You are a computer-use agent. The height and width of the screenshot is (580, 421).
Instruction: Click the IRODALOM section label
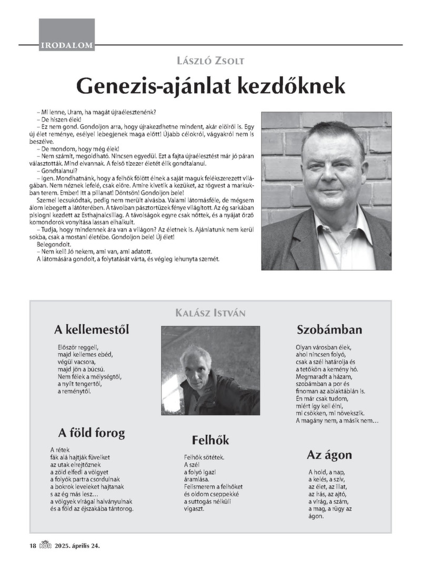[x=66, y=46]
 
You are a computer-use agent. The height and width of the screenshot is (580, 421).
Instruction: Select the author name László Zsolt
[x=210, y=61]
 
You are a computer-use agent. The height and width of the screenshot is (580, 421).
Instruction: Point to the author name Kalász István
[x=210, y=314]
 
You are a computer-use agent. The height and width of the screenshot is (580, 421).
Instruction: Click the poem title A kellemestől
[x=92, y=330]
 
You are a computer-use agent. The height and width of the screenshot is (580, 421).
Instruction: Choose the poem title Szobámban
[x=329, y=330]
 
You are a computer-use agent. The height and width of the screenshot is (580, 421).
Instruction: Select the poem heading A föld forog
[x=92, y=433]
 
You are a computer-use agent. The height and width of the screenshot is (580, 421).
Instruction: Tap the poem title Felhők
[x=210, y=440]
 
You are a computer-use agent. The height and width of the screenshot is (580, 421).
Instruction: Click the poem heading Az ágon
[x=329, y=455]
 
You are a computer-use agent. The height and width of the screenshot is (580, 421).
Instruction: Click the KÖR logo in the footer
[x=46, y=545]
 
